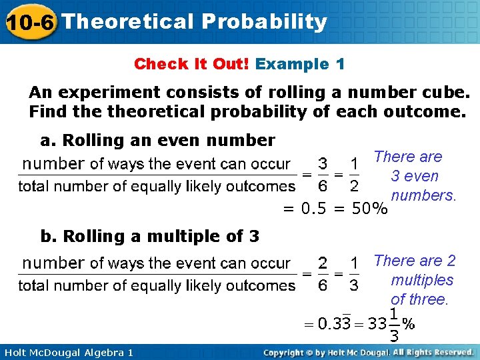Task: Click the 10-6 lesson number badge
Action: (29, 23)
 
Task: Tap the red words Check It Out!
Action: (191, 64)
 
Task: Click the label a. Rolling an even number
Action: (157, 140)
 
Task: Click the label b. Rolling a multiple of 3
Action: (150, 236)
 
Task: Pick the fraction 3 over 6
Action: (322, 174)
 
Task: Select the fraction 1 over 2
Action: (354, 174)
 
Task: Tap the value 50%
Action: (369, 209)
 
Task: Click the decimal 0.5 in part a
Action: (314, 209)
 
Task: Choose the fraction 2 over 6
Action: (322, 274)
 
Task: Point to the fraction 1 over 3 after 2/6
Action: (354, 274)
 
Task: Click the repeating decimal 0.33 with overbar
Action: (334, 324)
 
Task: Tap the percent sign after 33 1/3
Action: (409, 324)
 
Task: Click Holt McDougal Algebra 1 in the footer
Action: (67, 352)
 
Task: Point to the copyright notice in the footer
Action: (368, 352)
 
